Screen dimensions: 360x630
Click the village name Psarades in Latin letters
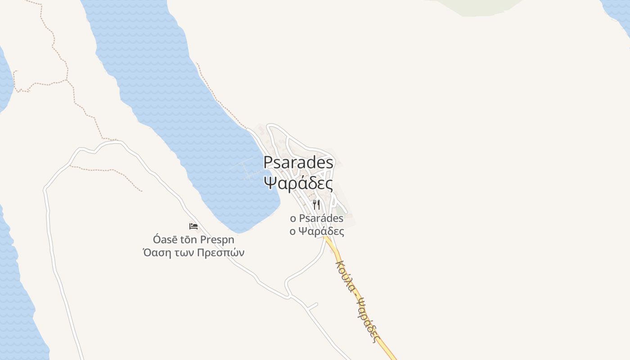tap(298, 162)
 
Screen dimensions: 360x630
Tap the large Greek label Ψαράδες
tap(298, 183)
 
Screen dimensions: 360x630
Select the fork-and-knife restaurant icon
tap(316, 205)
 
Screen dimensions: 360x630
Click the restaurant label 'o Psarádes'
tap(316, 219)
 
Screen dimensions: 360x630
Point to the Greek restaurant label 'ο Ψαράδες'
tap(316, 232)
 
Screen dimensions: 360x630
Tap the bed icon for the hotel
tap(193, 226)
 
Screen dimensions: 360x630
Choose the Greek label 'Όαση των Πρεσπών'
tap(193, 252)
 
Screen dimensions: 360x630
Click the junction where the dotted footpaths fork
tap(67, 81)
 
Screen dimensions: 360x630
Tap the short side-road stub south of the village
tap(312, 306)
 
